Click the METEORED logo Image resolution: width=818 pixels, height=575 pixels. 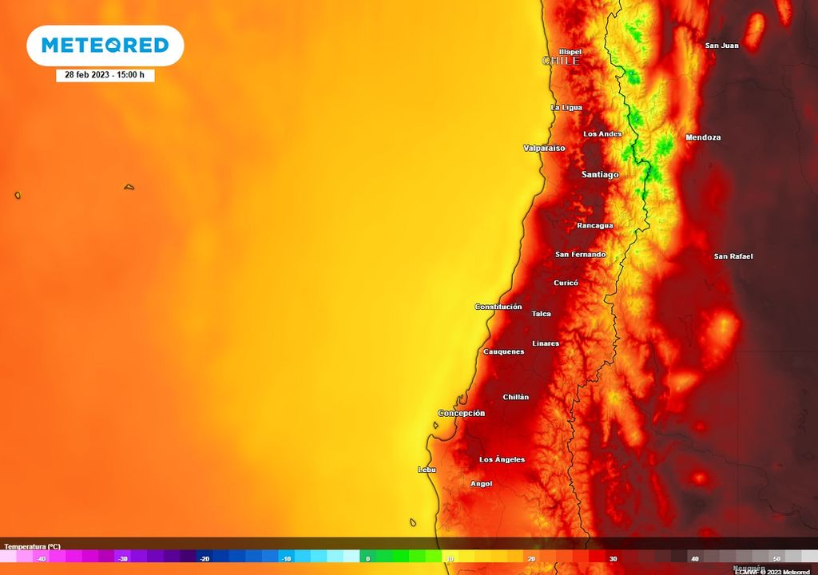[x=105, y=45]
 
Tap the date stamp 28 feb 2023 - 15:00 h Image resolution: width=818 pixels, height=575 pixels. [x=105, y=74]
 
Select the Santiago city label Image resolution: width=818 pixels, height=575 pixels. [x=600, y=174]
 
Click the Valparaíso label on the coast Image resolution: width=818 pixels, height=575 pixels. [x=544, y=149]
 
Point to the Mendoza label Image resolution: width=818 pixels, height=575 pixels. [x=703, y=137]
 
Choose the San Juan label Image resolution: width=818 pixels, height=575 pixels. [x=721, y=46]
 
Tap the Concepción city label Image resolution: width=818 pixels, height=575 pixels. [x=461, y=414]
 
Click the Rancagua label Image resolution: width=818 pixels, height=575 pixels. [x=595, y=225]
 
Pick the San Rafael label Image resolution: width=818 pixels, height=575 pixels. [x=733, y=256]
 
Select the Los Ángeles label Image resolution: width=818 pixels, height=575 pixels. [x=502, y=459]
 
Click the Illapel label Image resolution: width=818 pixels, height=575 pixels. [x=570, y=52]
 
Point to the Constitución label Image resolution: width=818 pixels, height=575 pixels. [x=498, y=307]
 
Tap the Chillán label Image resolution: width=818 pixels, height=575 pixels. [x=516, y=397]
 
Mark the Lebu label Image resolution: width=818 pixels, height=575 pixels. [x=427, y=470]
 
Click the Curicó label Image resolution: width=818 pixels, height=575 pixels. [x=566, y=283]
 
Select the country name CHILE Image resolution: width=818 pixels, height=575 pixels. [x=561, y=61]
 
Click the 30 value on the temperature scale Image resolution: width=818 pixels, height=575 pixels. [x=613, y=559]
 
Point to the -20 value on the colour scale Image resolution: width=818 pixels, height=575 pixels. [x=204, y=559]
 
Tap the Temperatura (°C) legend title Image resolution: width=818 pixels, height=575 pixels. [x=32, y=546]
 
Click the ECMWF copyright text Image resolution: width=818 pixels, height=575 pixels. [x=772, y=571]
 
